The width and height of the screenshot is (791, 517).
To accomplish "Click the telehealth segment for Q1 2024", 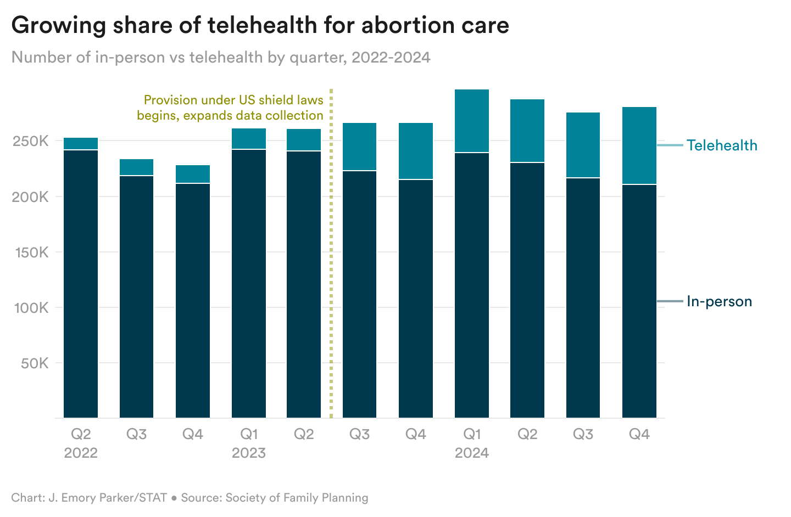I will click(471, 121).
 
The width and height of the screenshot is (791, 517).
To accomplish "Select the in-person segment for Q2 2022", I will click(81, 284).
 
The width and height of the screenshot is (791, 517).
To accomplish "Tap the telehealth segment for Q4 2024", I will click(639, 145).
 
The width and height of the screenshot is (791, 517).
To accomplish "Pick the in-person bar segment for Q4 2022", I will click(193, 300).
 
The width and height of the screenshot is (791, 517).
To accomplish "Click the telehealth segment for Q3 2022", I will click(137, 167).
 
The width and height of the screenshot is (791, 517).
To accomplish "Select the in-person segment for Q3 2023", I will click(359, 294).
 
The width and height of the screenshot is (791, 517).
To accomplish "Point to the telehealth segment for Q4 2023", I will click(415, 151).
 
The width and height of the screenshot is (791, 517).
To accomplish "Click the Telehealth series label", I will click(721, 145).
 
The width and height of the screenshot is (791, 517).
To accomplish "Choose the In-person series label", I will click(719, 301).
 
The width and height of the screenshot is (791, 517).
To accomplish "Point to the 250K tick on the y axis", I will click(31, 141).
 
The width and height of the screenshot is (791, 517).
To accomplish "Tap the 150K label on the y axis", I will click(31, 252).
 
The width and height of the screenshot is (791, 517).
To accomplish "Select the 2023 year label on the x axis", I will click(248, 453).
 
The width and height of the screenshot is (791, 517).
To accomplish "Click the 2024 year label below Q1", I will click(471, 453).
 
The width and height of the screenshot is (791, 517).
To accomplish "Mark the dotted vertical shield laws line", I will click(331, 252).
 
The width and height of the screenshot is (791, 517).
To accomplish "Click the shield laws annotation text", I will click(231, 108).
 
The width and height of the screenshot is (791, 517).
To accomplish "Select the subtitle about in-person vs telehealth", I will click(221, 57).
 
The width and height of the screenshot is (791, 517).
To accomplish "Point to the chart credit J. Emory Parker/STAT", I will click(89, 498).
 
